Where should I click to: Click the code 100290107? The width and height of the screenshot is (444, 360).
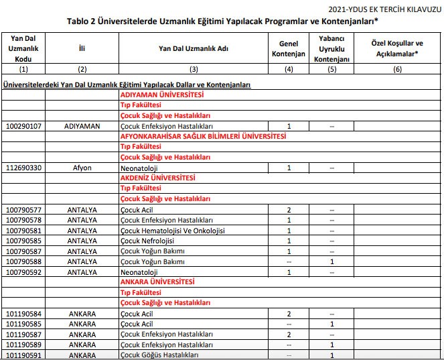(23, 126)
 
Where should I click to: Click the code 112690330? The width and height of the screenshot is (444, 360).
(23, 168)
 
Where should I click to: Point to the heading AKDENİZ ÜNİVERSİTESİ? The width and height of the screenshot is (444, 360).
(157, 178)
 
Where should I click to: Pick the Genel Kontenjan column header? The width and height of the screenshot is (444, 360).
(289, 48)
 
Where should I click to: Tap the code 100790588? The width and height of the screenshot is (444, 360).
(23, 261)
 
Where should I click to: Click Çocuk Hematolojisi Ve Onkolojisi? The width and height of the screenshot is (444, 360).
(172, 231)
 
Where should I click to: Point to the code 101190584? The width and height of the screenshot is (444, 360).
(23, 313)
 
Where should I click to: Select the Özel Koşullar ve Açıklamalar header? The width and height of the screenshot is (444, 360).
(398, 48)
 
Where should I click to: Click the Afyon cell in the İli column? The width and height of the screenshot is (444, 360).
(82, 168)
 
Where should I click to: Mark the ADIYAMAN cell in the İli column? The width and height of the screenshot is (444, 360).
(82, 126)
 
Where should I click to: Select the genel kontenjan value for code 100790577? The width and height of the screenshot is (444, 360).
(289, 210)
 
